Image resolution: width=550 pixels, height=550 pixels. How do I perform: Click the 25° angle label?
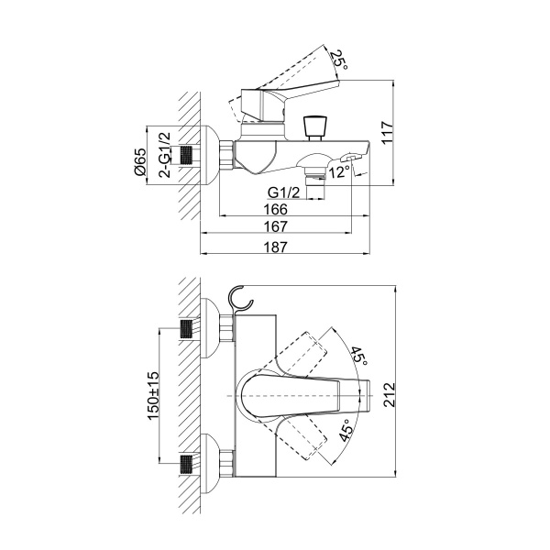click(x=339, y=60)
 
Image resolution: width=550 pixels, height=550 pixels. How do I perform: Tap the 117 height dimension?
click(x=387, y=132)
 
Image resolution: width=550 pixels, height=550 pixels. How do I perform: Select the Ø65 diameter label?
click(x=139, y=161)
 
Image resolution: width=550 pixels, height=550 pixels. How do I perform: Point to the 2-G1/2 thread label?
click(x=164, y=155)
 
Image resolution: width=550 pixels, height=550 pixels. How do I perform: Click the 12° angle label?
click(x=339, y=172)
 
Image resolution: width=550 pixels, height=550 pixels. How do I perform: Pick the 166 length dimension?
click(x=275, y=209)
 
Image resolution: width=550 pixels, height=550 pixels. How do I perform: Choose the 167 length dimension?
click(x=275, y=226)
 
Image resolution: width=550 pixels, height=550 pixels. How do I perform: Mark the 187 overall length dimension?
click(x=275, y=247)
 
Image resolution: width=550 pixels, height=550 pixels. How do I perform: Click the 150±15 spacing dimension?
click(x=153, y=395)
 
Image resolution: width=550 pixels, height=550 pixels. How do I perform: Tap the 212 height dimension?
click(x=389, y=394)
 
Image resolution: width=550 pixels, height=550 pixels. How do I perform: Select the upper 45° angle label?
click(x=358, y=356)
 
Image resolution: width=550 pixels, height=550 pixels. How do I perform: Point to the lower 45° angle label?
click(x=345, y=431)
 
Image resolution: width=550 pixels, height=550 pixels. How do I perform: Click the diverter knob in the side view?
click(x=314, y=128)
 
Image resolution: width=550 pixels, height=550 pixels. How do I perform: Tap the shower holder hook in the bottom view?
click(x=240, y=300)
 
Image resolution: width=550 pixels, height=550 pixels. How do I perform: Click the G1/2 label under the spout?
click(x=284, y=192)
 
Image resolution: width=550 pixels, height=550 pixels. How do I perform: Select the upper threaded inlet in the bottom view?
click(x=186, y=329)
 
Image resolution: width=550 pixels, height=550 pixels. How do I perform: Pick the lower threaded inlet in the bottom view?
click(x=186, y=465)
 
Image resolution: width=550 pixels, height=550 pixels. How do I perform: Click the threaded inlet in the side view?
click(x=186, y=155)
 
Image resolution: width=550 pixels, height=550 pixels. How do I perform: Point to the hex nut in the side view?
click(x=226, y=155)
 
